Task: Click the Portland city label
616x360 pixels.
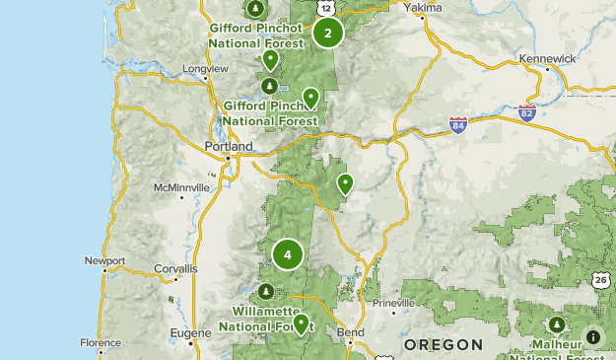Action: pos(229,147)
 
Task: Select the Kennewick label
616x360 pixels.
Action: pos(547,59)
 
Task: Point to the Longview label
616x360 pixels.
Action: pos(205,69)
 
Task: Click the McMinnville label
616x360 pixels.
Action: pos(181,187)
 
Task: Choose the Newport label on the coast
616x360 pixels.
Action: pos(105,261)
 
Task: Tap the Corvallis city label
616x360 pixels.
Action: pos(175,268)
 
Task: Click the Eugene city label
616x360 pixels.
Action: pos(190,333)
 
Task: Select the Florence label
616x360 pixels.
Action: pos(101,343)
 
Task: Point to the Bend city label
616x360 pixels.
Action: pos(351,333)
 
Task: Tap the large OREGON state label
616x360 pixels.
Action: pos(444,345)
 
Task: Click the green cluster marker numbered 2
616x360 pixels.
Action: pos(328,33)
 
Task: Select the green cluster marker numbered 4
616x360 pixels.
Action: pos(288,255)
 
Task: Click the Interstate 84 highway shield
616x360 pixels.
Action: pos(458,125)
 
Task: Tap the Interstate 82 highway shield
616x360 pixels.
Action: pos(527,113)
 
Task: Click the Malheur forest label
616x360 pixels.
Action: pos(558,344)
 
